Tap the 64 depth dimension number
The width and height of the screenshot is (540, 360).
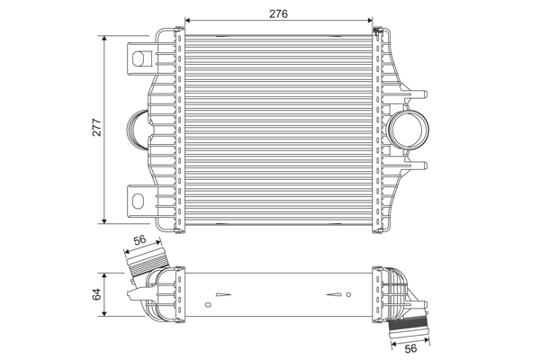click(96, 294)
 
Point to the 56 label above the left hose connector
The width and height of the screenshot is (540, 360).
click(139, 240)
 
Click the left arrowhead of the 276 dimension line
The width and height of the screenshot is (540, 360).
click(187, 19)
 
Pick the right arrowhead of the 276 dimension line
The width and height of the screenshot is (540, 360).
click(371, 19)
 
